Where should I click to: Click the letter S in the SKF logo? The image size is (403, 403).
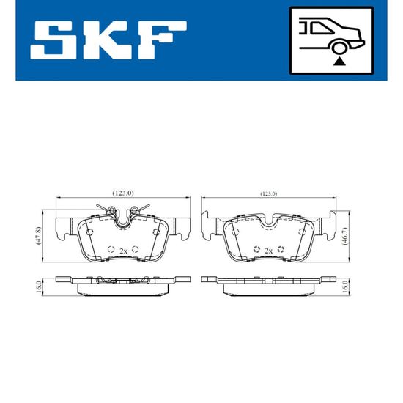tap(53, 40)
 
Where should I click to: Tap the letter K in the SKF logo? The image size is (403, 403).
tap(105, 40)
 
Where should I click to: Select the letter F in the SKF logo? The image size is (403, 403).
tap(161, 40)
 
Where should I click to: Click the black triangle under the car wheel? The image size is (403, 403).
tap(339, 62)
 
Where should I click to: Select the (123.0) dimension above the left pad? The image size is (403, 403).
tap(123, 193)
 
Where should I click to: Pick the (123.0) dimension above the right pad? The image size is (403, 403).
tap(269, 193)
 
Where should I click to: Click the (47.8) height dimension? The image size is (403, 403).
tap(38, 236)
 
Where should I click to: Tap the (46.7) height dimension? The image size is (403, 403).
tap(345, 236)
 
